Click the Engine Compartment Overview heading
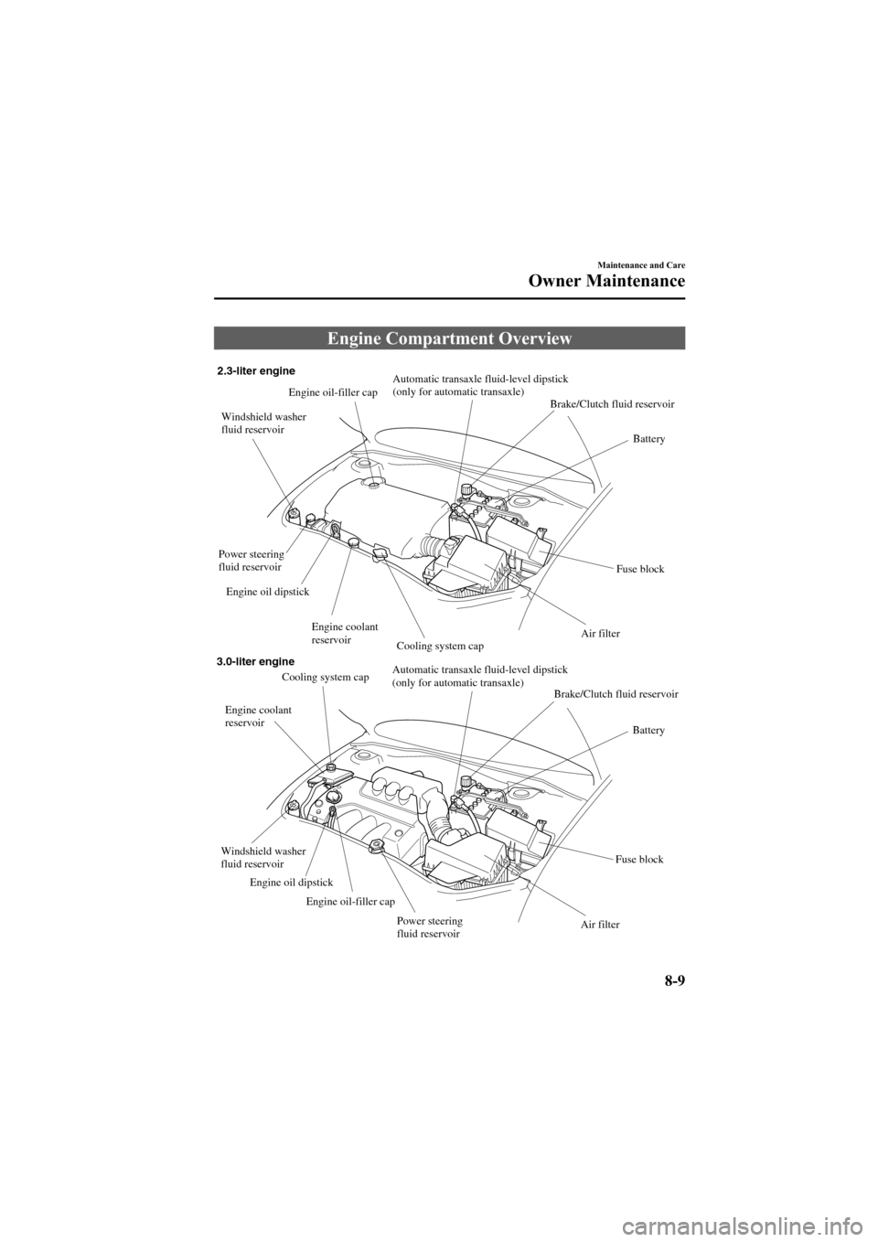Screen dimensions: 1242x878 [449, 339]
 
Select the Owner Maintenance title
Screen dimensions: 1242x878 [607, 281]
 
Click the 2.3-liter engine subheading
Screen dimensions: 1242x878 [255, 370]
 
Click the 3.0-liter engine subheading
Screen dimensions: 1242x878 [255, 660]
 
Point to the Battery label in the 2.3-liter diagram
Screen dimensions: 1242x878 [648, 439]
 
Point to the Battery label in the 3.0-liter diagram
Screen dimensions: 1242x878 [648, 731]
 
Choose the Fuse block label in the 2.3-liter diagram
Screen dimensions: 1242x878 [639, 569]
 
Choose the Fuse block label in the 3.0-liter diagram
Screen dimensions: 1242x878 [639, 860]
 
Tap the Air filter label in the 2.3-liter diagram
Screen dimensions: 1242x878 [600, 633]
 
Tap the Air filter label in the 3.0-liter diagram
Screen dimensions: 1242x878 [600, 925]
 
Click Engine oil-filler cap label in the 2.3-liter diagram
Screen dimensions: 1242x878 [333, 392]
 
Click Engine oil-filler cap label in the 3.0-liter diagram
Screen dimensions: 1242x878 [350, 902]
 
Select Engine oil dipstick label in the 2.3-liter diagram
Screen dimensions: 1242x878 [267, 592]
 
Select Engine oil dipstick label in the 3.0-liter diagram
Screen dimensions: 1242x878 [291, 883]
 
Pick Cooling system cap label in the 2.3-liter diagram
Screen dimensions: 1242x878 [440, 646]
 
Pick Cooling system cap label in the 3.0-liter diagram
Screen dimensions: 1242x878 [325, 678]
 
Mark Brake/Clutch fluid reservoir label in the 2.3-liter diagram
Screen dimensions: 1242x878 [612, 403]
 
